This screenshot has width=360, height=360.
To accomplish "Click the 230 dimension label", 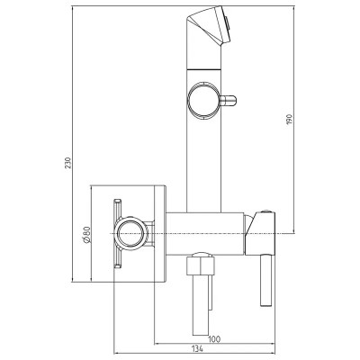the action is tap(68, 163).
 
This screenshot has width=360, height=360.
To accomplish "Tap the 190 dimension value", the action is tap(289, 120).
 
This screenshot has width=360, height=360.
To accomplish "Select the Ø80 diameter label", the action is tap(86, 235).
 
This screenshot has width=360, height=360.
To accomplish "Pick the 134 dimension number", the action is tap(197, 349).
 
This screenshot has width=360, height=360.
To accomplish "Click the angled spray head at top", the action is tap(209, 25).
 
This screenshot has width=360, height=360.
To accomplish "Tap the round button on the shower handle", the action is tap(203, 100).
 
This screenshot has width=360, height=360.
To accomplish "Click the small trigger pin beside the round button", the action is tap(229, 101).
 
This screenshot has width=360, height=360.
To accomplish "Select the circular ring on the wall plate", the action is tap(132, 233).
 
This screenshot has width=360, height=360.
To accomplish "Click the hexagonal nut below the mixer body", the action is tap(201, 264).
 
